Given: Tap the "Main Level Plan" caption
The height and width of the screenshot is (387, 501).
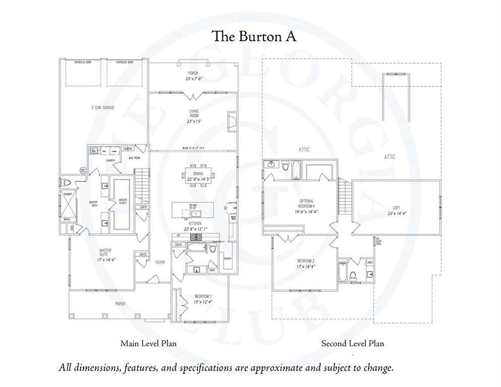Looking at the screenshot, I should [148, 344].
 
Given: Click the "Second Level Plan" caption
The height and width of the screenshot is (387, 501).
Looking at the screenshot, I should [353, 344].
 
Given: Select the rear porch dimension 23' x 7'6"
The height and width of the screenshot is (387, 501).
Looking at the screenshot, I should [194, 79].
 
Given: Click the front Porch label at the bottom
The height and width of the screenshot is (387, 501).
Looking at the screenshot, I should [120, 303].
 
